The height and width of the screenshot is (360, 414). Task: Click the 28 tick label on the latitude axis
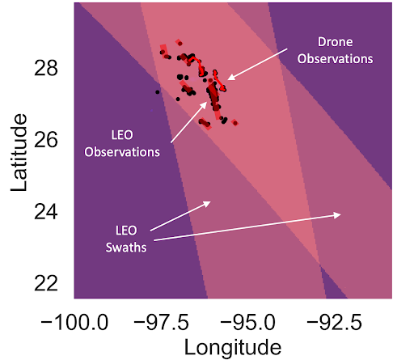pos(46,68)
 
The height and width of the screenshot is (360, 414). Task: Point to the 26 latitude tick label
pos(46,140)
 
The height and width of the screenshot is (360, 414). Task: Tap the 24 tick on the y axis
pos(46,212)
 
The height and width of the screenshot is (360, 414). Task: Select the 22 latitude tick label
pos(46,283)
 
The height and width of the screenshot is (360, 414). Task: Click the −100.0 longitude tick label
pos(74,322)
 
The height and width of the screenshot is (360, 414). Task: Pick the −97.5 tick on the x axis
pos(161,322)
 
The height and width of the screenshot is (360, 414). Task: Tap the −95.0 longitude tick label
pos(247,322)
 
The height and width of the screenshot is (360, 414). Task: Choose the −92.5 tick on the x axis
pos(334,322)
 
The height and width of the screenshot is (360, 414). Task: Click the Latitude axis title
pos(19,153)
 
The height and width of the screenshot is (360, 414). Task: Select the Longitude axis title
pos(233,348)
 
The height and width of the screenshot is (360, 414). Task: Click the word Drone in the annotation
pos(335,42)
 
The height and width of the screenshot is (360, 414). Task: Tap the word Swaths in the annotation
pos(126,248)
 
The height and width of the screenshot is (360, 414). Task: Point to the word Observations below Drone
pos(335,59)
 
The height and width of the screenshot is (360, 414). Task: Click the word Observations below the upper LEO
pos(122,152)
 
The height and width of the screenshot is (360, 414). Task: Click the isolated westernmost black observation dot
pos(158,92)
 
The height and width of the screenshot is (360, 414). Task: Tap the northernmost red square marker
pos(179,42)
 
